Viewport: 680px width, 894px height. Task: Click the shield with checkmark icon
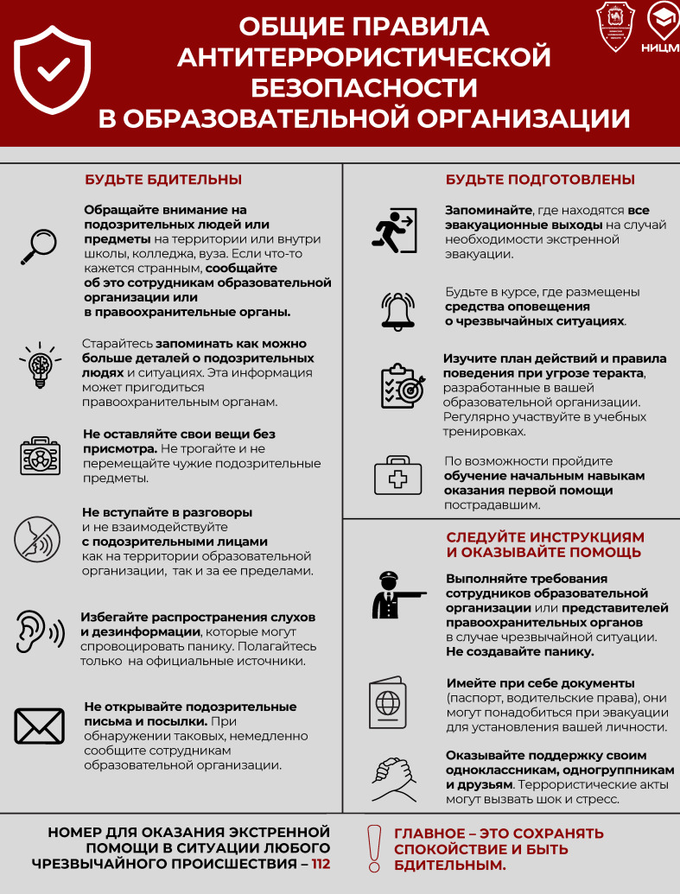click(x=53, y=70)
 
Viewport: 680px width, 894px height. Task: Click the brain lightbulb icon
click(x=39, y=365)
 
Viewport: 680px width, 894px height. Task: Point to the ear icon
click(x=39, y=631)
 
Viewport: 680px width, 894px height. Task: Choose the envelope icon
click(x=40, y=726)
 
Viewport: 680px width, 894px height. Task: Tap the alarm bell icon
click(x=398, y=311)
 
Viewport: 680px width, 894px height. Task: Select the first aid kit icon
click(x=397, y=475)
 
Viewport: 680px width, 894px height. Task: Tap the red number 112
click(x=321, y=863)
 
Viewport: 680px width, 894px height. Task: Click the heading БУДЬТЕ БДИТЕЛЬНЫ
click(x=163, y=180)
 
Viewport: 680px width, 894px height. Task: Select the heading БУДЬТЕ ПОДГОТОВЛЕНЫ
click(x=541, y=180)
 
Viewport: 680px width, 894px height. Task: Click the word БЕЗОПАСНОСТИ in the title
click(x=364, y=87)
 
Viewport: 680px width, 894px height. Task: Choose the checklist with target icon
click(x=400, y=386)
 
